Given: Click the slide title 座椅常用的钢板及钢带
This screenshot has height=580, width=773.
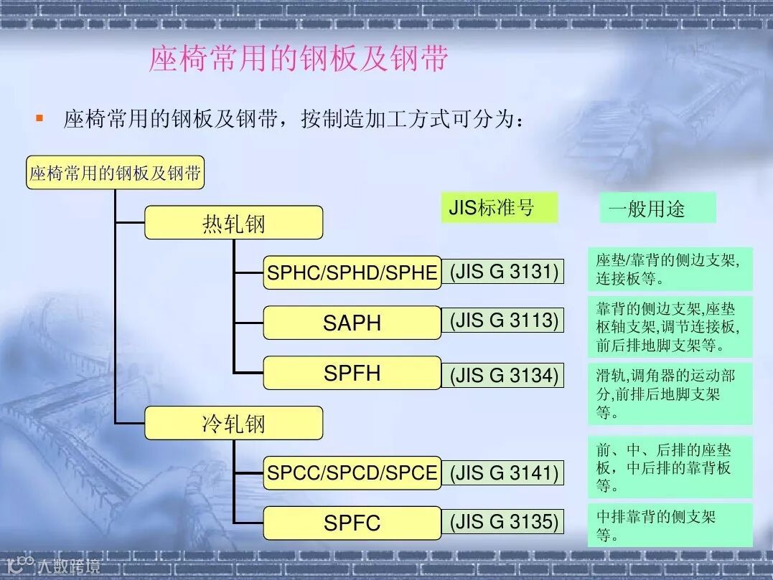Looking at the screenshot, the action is pos(298,60).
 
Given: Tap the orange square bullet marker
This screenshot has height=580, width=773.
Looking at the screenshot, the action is pos(39,117).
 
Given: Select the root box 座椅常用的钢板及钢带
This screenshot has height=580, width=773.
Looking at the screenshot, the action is pos(115,173).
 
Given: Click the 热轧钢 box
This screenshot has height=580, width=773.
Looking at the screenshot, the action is pos(233,223).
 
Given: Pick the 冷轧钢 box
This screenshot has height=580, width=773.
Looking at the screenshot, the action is pos(233,423).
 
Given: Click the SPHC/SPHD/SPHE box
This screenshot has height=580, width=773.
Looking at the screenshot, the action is pos(352,272).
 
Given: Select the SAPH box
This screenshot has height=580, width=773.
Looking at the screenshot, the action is pos(352,323).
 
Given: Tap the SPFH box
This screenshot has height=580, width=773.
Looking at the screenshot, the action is pos(352,373).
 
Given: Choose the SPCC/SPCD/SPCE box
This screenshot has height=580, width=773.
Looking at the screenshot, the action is pos(352,473).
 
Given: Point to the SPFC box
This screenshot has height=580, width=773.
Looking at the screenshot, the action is pos(352,523).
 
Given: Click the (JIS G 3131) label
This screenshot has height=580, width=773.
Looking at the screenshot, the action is pos(504,272).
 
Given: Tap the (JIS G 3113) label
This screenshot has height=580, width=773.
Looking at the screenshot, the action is pos(504,320).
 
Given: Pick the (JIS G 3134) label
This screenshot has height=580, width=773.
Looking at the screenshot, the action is pos(504,375).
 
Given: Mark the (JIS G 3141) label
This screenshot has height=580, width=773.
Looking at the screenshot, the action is pos(504,472).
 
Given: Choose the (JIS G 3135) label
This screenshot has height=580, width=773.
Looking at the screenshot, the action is pos(504,522).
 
